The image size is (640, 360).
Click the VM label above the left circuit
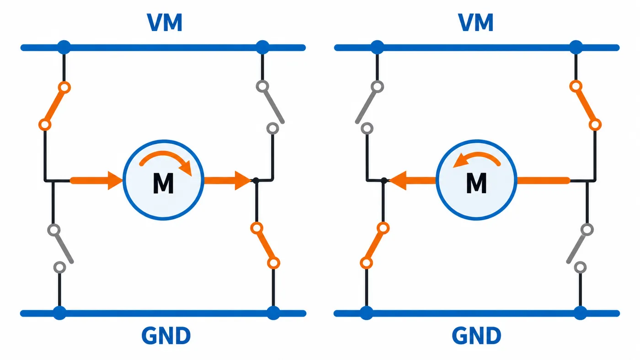165,22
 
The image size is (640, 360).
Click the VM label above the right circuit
476,22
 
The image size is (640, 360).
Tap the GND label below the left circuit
166,336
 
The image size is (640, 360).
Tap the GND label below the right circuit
476,336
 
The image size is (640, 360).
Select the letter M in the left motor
163,184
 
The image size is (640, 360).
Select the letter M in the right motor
476,184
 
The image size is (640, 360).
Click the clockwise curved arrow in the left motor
165,156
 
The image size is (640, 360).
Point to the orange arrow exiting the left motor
228,180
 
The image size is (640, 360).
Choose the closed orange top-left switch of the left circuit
54,106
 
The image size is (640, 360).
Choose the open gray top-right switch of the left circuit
270,107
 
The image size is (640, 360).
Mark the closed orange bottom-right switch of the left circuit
265,245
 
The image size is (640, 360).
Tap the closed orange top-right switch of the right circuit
586,106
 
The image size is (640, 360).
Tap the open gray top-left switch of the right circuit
369,107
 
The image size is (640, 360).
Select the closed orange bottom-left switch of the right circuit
374,245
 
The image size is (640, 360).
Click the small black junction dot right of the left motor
256,180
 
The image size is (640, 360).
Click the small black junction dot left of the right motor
384,180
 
